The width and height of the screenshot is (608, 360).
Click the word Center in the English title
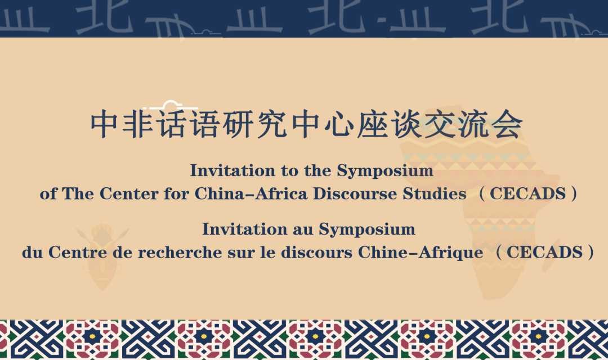click(x=129, y=193)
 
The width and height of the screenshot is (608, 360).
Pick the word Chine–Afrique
click(x=421, y=253)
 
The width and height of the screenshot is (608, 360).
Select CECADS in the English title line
click(x=527, y=193)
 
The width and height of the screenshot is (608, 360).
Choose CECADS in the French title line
click(x=544, y=253)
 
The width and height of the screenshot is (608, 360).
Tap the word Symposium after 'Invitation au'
click(x=367, y=229)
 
